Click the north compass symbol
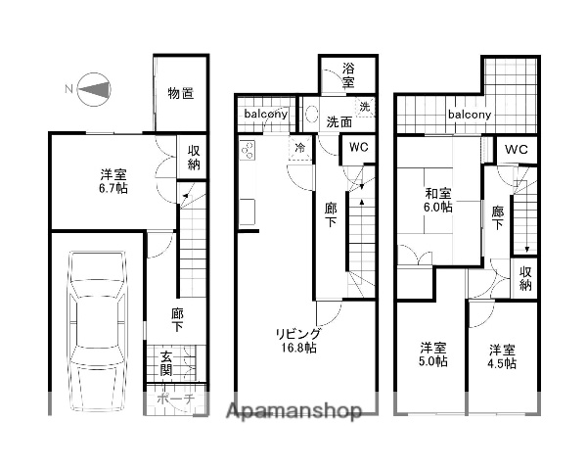click(91, 89)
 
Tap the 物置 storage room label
click(180, 93)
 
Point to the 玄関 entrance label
click(166, 363)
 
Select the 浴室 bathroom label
click(348, 76)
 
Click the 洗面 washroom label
click(339, 122)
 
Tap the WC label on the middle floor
click(358, 147)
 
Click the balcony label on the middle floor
click(267, 115)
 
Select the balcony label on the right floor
click(470, 115)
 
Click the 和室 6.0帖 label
click(438, 200)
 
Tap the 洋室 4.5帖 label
click(503, 355)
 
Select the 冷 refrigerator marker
click(297, 148)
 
